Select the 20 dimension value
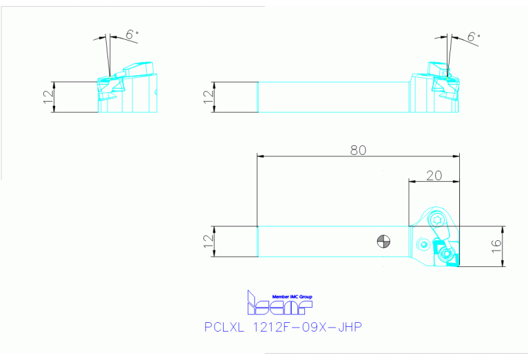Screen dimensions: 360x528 (434, 176)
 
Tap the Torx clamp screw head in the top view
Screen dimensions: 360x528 (435, 220)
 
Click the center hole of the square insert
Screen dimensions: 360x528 (448, 255)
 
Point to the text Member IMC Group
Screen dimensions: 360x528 (292, 295)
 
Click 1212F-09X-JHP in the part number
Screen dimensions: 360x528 (307, 328)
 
